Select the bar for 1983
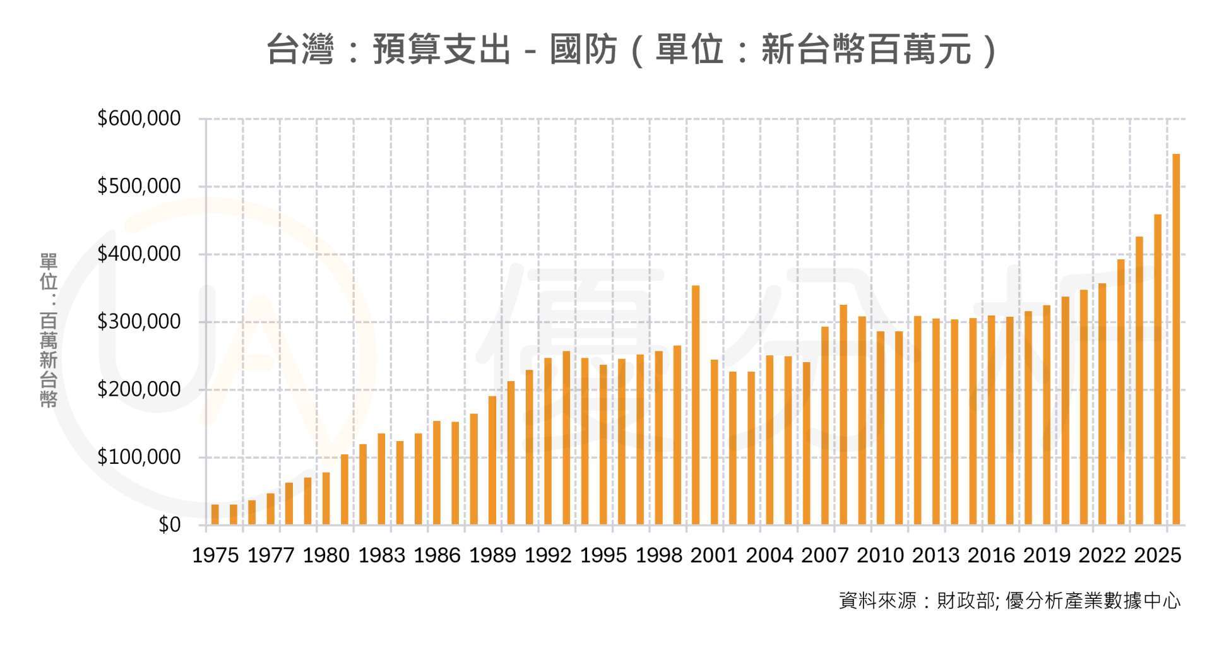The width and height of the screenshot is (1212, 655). pos(381,479)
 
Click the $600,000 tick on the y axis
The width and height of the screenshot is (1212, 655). pos(139,119)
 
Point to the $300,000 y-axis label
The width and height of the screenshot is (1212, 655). pos(139,322)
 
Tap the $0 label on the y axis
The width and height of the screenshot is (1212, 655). pos(169,524)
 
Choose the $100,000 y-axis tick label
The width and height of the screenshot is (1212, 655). pos(139,457)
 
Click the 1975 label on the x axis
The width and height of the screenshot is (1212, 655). pos(215,555)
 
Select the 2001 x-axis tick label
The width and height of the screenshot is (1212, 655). pos(714,555)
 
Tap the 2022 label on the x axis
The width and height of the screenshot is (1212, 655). pos(1102,555)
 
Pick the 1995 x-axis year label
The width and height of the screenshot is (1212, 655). pos(603,555)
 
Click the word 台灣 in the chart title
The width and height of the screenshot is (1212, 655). pos(300,49)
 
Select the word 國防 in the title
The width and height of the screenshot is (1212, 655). pos(583,49)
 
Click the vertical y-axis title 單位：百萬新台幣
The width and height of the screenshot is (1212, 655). pos(49,329)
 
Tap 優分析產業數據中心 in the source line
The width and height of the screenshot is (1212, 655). pos(1092,601)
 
